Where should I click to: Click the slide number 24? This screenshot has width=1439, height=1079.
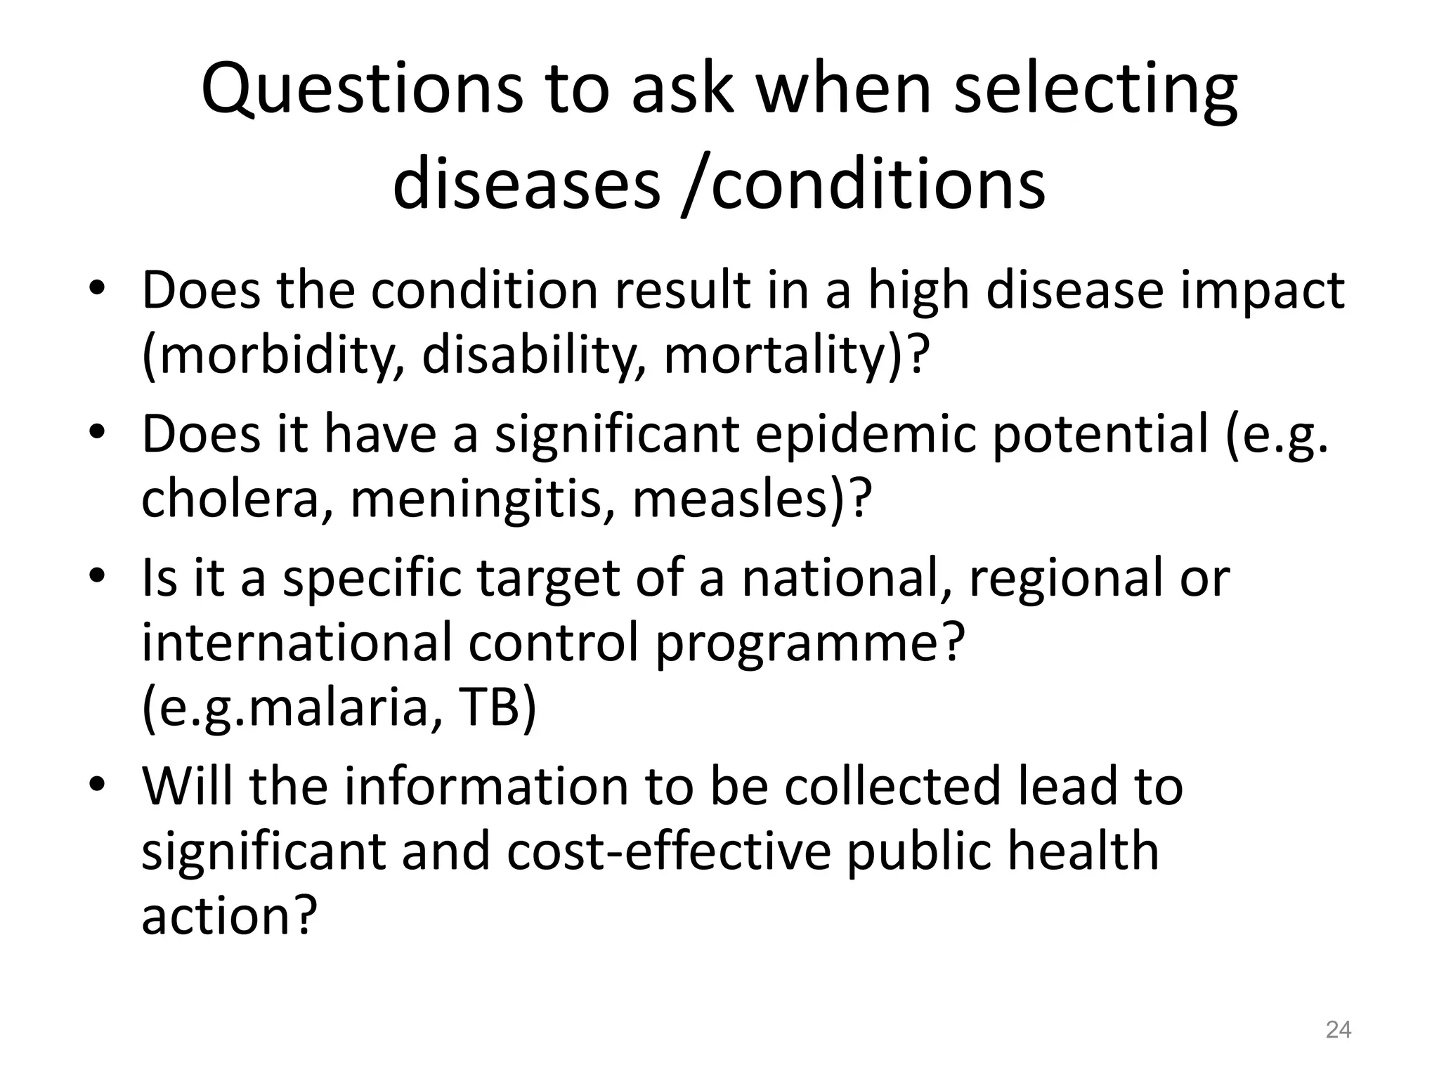(x=1338, y=1030)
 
